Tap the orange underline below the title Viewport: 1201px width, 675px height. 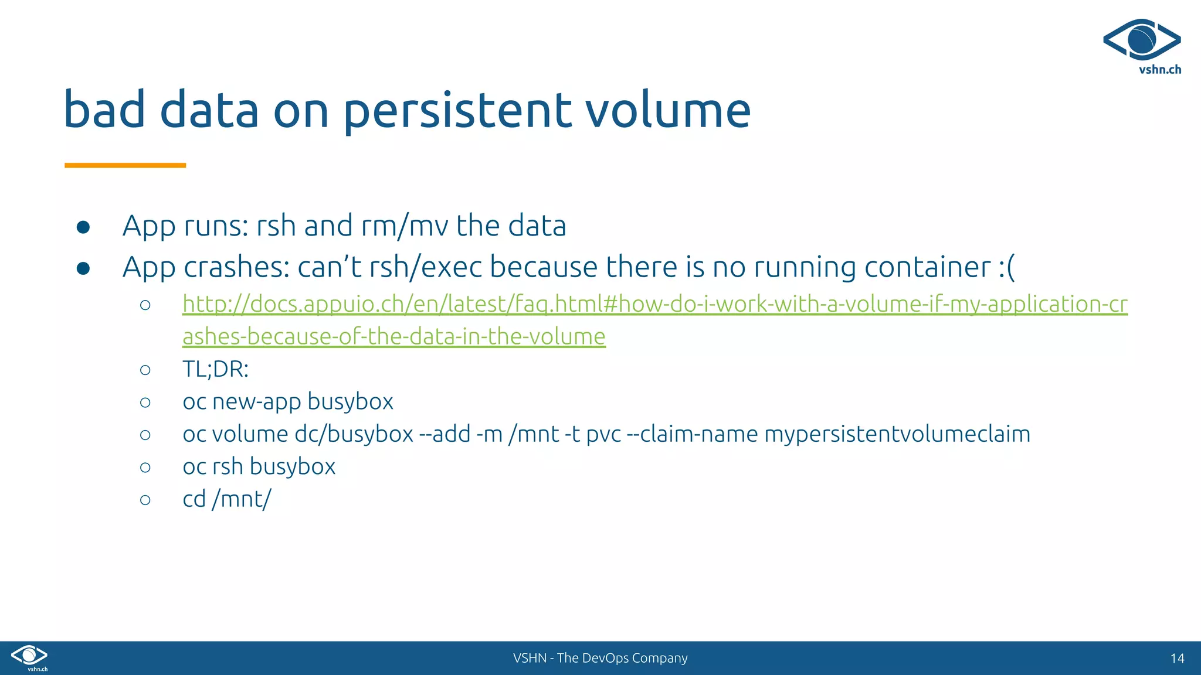(x=125, y=165)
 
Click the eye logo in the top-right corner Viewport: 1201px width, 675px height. (x=1141, y=39)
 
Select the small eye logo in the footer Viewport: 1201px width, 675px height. (x=29, y=655)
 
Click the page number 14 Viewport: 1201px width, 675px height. (x=1177, y=659)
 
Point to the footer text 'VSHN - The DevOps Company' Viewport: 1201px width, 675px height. (x=600, y=658)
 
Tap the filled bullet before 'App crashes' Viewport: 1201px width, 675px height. (x=83, y=268)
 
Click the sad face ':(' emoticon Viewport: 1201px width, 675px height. (x=1006, y=268)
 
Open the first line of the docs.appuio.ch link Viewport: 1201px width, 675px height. (x=654, y=304)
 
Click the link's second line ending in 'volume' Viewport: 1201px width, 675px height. (x=393, y=337)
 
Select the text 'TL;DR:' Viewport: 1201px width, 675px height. (x=215, y=369)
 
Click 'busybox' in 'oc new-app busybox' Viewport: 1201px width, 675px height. (x=350, y=402)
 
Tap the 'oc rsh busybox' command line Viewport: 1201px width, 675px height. (x=259, y=467)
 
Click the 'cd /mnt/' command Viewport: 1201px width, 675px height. (x=227, y=499)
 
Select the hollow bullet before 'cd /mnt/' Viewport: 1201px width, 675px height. (x=145, y=500)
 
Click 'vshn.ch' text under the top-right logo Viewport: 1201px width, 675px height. (x=1159, y=70)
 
